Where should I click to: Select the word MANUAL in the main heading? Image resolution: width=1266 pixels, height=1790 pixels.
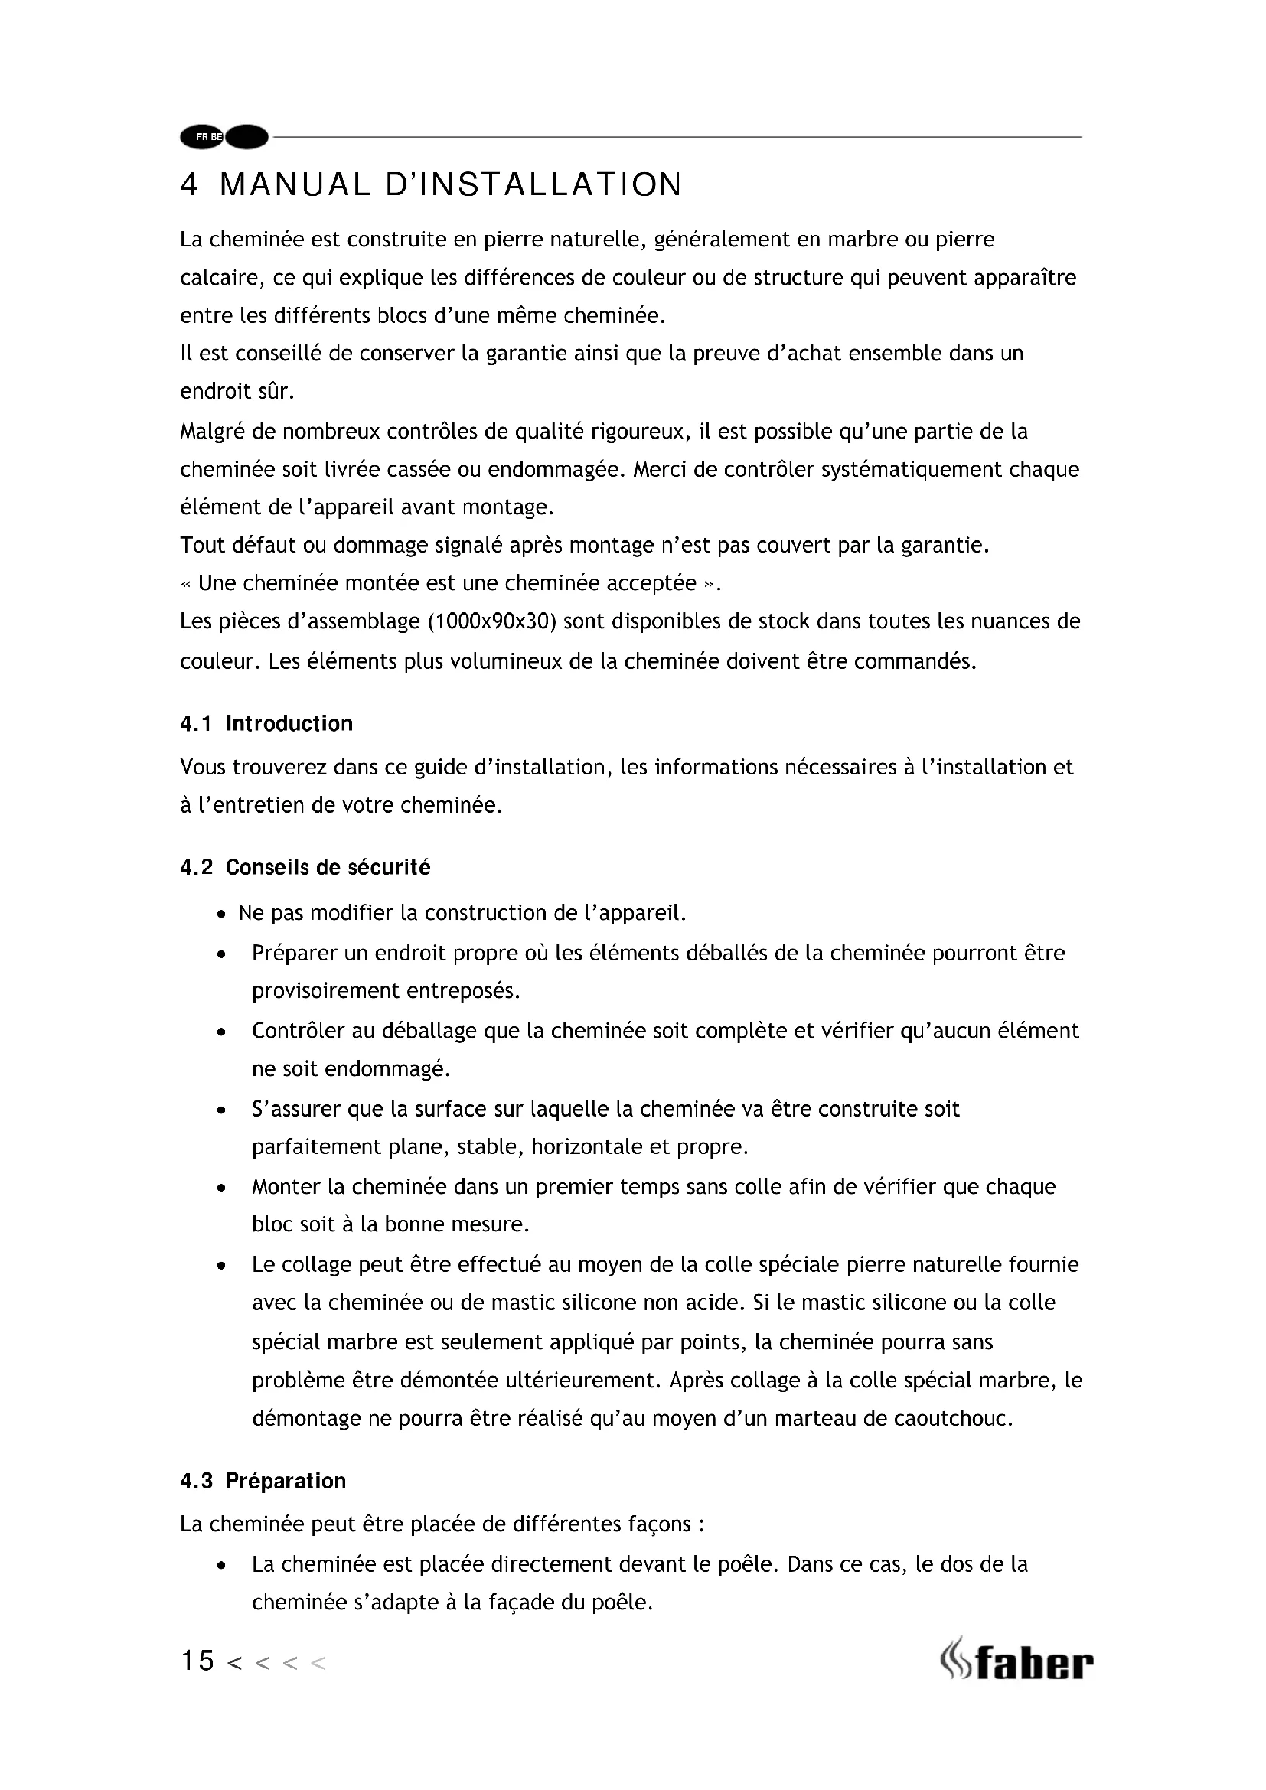294,184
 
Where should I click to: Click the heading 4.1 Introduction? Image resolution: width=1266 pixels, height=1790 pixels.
266,723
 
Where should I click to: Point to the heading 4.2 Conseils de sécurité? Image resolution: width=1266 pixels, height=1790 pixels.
305,868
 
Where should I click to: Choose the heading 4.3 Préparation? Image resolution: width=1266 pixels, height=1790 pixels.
263,1482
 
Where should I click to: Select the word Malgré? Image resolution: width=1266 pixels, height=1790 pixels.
212,431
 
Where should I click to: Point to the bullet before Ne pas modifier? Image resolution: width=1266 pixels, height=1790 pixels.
222,914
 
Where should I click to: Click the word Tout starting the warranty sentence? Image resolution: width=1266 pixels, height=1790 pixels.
202,545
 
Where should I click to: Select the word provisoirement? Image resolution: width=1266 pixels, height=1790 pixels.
324,991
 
